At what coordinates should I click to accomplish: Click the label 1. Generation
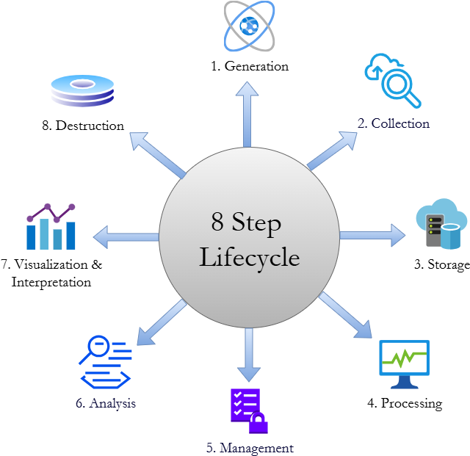(250, 66)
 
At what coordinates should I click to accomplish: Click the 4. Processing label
(405, 402)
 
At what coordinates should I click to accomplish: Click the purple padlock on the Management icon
(258, 424)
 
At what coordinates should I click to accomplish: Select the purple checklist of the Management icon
(244, 404)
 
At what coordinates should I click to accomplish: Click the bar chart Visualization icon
(51, 227)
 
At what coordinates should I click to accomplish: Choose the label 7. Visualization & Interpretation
(51, 272)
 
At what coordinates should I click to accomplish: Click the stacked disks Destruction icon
(82, 91)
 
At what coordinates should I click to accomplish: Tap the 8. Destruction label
(83, 125)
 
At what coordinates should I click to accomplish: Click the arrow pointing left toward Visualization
(126, 236)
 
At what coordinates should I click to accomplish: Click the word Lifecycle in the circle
(250, 258)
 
